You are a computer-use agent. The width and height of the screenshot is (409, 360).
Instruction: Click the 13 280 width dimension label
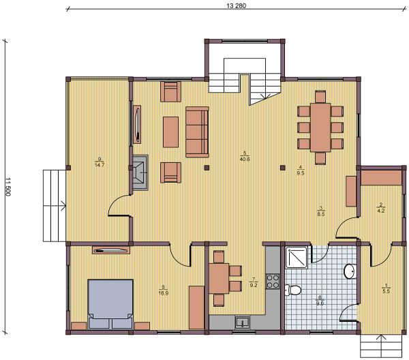pos(236,5)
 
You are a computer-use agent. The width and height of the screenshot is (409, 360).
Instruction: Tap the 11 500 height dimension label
pos(7,187)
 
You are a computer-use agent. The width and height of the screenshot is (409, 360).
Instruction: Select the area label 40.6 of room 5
pos(245,159)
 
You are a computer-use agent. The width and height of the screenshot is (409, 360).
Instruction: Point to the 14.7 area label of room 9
pos(100,165)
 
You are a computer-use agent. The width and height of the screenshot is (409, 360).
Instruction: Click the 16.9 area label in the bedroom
pos(164,293)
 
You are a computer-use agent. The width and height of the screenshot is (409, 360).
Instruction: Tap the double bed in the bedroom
pos(110,304)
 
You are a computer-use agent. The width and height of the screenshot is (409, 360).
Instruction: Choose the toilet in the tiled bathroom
pos(293,290)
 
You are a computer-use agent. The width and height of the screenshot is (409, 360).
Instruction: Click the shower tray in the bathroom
pos(297,258)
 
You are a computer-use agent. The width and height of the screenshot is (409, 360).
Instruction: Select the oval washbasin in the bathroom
pos(350,271)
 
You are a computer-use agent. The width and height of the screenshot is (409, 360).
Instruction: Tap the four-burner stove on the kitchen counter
pos(272,281)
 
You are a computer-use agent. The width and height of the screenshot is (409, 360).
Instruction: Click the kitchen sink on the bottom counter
pos(242,322)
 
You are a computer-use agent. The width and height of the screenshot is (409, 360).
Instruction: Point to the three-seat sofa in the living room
pos(197,132)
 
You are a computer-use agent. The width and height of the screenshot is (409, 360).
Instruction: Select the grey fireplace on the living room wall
pos(140,172)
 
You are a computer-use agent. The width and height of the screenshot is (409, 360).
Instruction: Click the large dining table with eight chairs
pos(320,127)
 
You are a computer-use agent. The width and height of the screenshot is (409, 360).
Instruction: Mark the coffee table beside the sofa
pos(171,132)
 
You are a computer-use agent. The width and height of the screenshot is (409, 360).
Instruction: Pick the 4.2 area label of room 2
pos(381,211)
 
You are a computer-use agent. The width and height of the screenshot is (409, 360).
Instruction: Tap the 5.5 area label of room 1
pos(386,291)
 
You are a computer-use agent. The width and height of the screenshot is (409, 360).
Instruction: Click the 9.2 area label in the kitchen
pos(254,285)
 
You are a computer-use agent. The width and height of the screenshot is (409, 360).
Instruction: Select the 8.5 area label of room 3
pos(321,214)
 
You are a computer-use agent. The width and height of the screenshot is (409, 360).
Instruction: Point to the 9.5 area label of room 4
pos(301,172)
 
